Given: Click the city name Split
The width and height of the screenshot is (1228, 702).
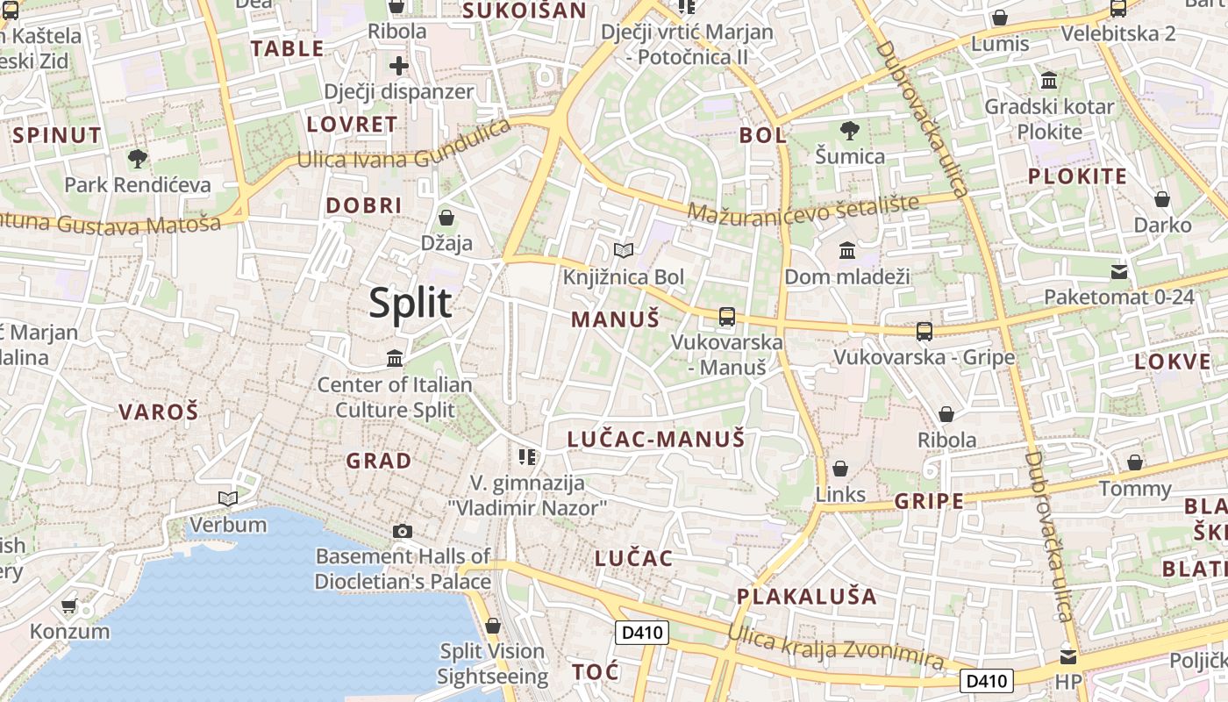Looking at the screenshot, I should click(411, 304).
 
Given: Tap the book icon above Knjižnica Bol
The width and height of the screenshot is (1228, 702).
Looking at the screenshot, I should click(624, 251).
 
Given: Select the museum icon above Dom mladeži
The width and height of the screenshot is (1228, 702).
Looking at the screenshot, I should click(847, 251).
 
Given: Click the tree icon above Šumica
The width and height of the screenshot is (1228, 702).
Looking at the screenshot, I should click(849, 132).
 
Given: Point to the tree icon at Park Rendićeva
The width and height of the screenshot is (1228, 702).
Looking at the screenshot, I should click(137, 159).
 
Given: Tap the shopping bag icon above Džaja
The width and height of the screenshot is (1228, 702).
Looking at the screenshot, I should click(446, 217).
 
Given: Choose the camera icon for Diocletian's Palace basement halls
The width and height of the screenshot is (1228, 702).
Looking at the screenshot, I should click(403, 531).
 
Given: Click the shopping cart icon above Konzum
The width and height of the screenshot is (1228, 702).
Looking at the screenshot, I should click(69, 605).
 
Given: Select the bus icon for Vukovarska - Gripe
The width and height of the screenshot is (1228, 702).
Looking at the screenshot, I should click(925, 331).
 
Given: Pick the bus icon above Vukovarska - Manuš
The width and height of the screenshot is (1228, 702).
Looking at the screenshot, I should click(727, 317).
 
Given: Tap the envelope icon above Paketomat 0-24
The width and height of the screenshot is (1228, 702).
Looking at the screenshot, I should click(1119, 271).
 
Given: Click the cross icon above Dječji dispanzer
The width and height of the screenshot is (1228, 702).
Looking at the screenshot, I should click(399, 65).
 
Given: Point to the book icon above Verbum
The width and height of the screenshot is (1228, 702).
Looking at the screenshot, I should click(228, 498).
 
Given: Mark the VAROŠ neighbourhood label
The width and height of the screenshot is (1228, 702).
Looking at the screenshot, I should click(159, 412).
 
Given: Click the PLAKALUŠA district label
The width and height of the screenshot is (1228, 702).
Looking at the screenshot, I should click(806, 597).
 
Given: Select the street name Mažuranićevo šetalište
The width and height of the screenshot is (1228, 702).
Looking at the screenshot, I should click(803, 208).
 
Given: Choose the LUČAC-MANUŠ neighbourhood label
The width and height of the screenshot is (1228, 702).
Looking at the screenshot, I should click(656, 439).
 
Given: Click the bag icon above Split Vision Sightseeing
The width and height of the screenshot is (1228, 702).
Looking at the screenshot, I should click(493, 626).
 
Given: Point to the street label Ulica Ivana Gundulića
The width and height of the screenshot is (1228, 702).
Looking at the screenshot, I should click(404, 146).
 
